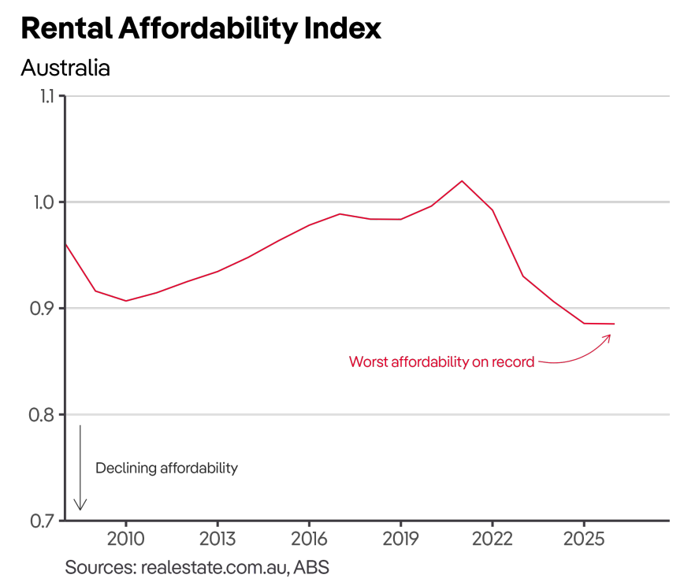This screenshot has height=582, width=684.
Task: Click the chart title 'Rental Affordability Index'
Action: [x=201, y=28]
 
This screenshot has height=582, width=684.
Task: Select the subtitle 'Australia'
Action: [x=65, y=69]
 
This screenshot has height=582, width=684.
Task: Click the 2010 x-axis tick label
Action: [x=125, y=541]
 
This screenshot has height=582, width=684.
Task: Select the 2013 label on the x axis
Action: [x=217, y=541]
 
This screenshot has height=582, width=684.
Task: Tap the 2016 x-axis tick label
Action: [x=309, y=541]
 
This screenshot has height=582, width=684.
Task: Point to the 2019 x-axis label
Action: [x=400, y=541]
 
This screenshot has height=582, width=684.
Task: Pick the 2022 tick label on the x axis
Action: [x=492, y=541]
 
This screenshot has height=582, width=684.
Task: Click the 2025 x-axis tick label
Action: [x=583, y=541]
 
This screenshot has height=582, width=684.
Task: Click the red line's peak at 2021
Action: [x=462, y=181]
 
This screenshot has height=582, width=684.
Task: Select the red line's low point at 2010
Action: [x=125, y=301]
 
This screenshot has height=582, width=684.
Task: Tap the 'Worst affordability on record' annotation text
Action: [x=441, y=362]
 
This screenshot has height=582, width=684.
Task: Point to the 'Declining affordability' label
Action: [x=166, y=468]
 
